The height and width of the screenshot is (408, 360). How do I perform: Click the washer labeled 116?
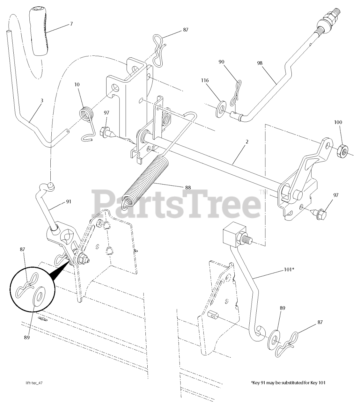pos(221,107)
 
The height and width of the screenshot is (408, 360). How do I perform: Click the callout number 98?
pos(260,63)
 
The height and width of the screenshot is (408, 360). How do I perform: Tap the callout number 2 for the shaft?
pos(247,142)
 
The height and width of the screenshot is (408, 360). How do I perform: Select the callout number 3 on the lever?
pos(42,100)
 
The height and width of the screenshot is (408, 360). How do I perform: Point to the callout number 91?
pos(69,201)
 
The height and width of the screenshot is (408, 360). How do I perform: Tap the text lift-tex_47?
pos(34,382)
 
